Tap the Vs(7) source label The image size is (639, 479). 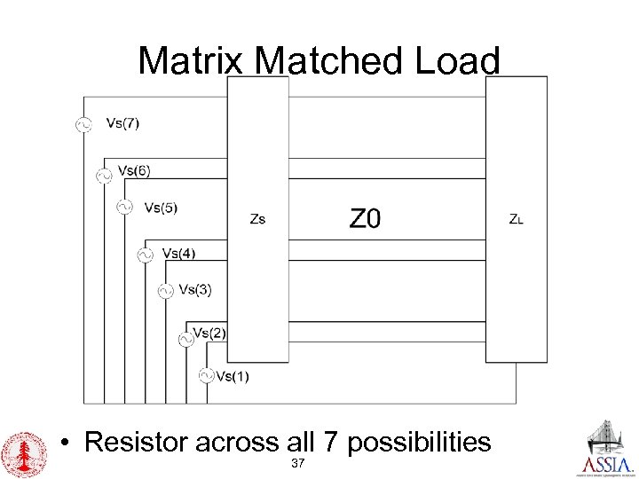[122, 123]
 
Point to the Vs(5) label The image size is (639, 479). [161, 208]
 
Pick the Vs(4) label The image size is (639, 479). [179, 253]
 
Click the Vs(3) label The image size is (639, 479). [195, 288]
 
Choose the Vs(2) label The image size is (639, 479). [209, 333]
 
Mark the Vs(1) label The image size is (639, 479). [233, 375]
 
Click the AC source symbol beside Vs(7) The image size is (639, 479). [86, 126]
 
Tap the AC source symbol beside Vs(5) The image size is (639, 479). [124, 207]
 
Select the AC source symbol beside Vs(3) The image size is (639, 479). [165, 290]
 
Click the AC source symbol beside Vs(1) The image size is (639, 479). [206, 375]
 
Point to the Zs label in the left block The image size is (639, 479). [256, 218]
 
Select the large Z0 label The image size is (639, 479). [365, 218]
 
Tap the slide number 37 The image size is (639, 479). [298, 464]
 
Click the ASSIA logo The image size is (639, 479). [607, 450]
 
